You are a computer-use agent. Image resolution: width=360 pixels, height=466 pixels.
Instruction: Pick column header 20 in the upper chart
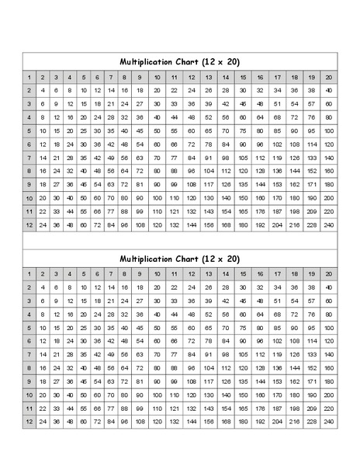point(329,77)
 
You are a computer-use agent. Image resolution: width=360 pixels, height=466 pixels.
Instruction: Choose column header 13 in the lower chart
point(209,273)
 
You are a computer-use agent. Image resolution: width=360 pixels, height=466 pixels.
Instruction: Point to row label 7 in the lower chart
point(28,354)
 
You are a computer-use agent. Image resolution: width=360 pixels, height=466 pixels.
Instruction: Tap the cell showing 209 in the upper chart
point(311,211)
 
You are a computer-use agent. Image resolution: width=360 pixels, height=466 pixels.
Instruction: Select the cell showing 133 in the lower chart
point(311,354)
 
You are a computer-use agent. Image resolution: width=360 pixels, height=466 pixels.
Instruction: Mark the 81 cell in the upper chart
point(139,185)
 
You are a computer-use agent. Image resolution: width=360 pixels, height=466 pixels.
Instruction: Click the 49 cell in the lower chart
point(111,354)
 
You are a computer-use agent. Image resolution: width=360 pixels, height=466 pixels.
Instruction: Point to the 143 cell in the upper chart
point(209,211)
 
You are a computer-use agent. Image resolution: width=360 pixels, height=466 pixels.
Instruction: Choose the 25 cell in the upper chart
point(84,130)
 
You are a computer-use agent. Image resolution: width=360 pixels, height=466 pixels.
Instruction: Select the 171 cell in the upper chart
point(311,185)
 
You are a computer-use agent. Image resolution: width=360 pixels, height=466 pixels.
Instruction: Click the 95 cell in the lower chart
point(311,327)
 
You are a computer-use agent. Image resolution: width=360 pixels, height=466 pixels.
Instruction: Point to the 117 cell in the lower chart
point(209,381)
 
